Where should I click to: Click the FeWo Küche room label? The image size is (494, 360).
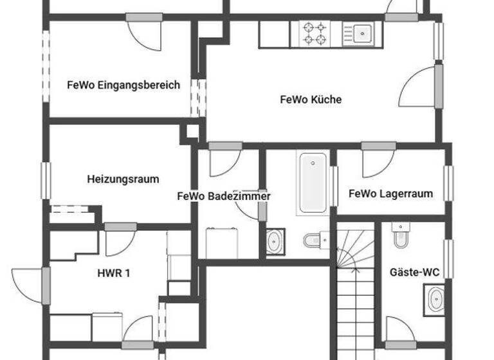click(311, 100)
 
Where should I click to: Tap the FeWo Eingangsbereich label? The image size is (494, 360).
click(123, 85)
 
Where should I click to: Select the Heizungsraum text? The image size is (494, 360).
click(123, 179)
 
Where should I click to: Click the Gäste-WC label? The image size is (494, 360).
click(415, 273)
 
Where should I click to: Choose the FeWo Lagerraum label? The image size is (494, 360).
click(390, 194)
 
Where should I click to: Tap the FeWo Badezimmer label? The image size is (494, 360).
click(224, 196)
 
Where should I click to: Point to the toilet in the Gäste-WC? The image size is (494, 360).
click(401, 236)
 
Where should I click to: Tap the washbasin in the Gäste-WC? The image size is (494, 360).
click(435, 299)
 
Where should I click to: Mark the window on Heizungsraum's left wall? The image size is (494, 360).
click(46, 181)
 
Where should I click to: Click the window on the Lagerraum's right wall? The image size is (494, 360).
click(448, 183)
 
